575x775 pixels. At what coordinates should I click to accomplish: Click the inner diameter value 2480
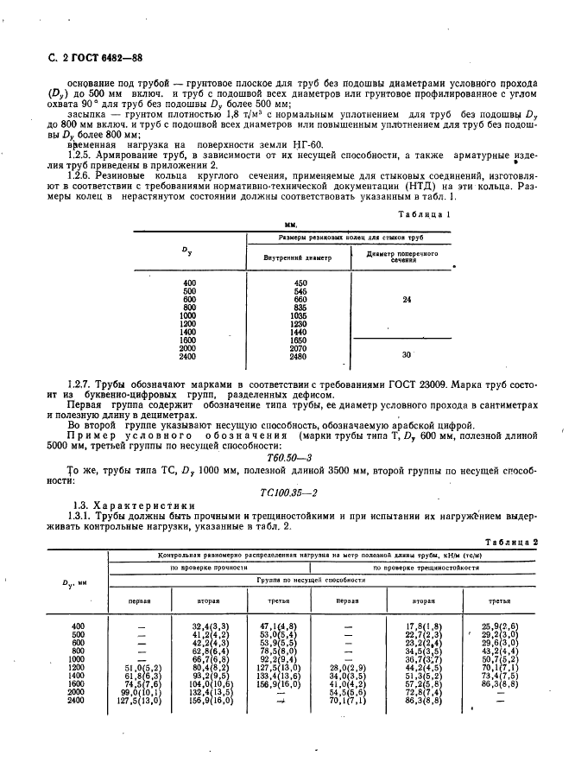point(300,356)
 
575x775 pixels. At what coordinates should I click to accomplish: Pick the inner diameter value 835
point(300,308)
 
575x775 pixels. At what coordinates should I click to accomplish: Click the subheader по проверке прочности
point(204,568)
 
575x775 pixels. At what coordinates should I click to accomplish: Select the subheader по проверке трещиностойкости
point(426,568)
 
